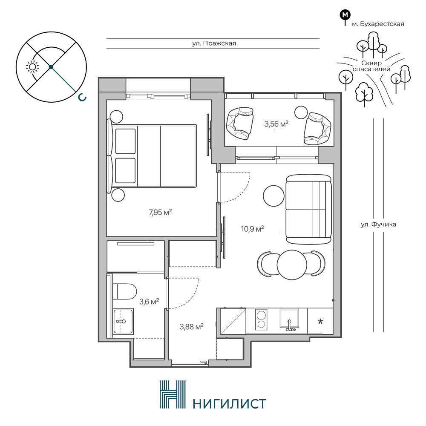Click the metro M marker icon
pos(345,15)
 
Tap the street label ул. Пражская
pos(214,43)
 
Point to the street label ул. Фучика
pos(378,225)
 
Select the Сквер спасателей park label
pos(371,66)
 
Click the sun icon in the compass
pos(32,67)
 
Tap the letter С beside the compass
pos(82,98)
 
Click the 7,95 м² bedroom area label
pos(160,212)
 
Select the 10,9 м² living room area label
pos(252,229)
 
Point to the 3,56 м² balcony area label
pos(276,124)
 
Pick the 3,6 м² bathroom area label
pos(149,301)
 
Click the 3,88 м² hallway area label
pos(192,327)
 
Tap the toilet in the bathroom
pos(124,291)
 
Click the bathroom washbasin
pos(123,321)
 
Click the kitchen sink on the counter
pos(289,319)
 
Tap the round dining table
pos(292,265)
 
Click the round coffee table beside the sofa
pos(273,196)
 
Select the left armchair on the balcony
pos(240,123)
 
